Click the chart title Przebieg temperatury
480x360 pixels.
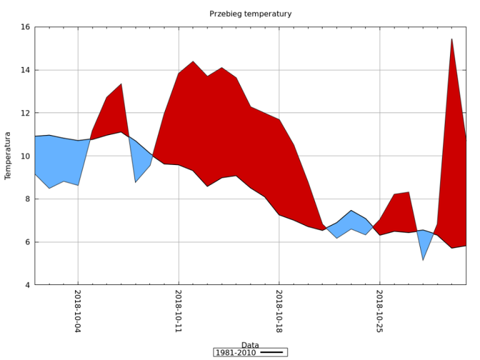point(250,14)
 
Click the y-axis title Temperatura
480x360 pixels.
point(8,156)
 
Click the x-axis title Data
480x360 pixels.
point(250,345)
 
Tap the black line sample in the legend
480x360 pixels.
point(272,352)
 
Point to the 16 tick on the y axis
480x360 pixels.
point(25,27)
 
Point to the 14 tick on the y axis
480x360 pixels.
point(25,70)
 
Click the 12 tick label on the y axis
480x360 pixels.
point(25,113)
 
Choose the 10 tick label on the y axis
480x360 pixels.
point(25,156)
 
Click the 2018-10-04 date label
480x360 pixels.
point(78,311)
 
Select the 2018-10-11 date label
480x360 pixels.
point(179,311)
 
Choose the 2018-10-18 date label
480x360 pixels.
point(279,311)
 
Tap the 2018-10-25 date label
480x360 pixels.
point(379,311)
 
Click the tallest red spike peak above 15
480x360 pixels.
point(451,39)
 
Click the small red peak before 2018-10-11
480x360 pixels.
point(121,84)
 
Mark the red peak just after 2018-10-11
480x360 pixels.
point(193,61)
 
